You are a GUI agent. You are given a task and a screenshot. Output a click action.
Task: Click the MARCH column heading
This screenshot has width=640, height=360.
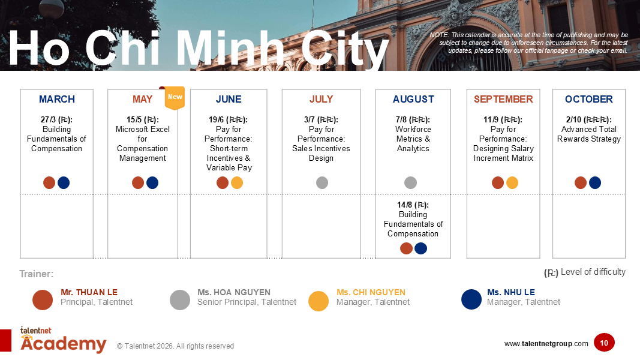click(57, 100)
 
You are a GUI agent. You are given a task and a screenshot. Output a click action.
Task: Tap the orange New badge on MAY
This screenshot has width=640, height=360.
click(175, 98)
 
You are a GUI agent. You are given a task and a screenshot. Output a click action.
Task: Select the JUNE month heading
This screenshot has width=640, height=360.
click(229, 100)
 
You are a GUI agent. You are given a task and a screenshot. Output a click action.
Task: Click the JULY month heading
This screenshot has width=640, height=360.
click(321, 100)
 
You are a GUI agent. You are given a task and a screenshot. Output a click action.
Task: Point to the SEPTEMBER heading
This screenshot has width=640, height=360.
click(503, 100)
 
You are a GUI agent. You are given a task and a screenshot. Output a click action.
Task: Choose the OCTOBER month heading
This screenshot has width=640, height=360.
click(588, 100)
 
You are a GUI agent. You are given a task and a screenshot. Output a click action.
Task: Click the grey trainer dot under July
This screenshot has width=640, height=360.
click(322, 183)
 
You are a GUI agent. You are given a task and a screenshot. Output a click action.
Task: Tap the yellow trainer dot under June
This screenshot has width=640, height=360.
click(237, 183)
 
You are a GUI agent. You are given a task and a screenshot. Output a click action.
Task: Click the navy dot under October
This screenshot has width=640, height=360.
click(595, 183)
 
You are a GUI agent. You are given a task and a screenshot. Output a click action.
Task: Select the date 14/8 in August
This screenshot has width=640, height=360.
click(405, 205)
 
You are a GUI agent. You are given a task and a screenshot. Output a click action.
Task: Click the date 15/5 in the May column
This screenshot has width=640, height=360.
click(134, 120)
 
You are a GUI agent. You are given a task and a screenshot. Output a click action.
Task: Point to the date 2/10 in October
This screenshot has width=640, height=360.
click(574, 120)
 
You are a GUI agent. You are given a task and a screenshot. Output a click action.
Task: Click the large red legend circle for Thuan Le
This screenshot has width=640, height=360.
click(43, 300)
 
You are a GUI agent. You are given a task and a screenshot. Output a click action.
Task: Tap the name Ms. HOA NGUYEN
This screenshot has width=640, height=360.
click(234, 293)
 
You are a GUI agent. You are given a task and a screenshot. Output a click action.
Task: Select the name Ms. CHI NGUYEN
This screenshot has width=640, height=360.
click(371, 293)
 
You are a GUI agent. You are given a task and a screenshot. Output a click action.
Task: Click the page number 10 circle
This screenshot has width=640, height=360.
click(604, 343)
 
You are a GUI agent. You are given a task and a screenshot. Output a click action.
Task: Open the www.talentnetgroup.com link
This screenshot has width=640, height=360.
click(546, 344)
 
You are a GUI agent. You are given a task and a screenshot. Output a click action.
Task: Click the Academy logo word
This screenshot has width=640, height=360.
click(63, 344)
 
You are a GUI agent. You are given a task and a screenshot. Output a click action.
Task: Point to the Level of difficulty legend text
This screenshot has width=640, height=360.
click(593, 272)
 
